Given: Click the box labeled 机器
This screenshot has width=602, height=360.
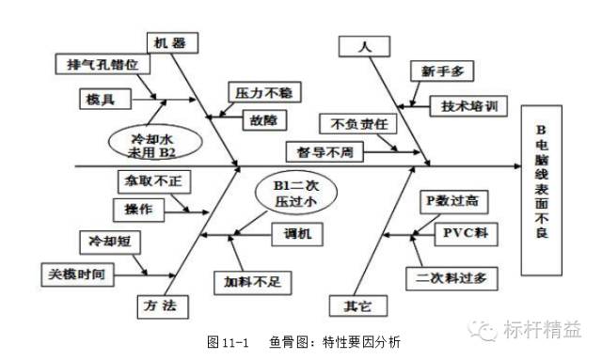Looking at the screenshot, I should coord(171,41).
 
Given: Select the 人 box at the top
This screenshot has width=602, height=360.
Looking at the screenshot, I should coord(364,45).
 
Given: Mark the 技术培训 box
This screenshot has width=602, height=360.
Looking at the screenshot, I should coord(467,106).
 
